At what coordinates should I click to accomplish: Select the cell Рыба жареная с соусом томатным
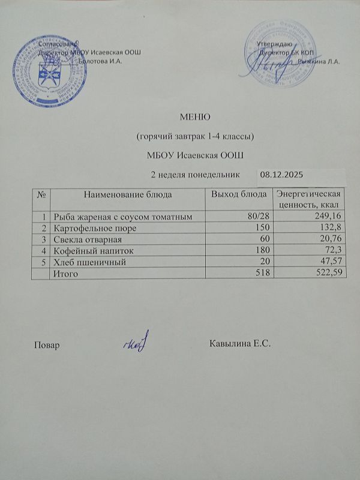122,217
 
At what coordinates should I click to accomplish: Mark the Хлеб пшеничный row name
83,262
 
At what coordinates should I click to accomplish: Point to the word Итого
65,274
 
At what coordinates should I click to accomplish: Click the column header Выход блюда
239,194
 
